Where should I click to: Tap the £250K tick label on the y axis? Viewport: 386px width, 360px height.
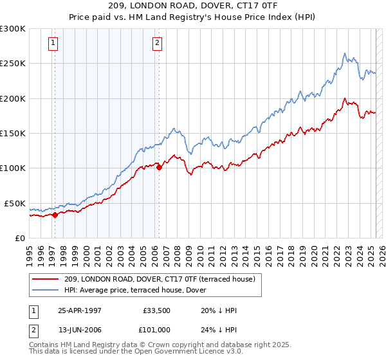pos(13,64)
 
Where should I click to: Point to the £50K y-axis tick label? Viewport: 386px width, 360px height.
pos(15,203)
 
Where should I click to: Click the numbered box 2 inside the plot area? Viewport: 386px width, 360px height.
pos(157,44)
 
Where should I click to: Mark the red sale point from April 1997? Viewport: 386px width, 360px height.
pos(55,215)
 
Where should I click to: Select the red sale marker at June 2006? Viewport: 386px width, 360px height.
pos(159,168)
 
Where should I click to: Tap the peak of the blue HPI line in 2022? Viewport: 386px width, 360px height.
pos(345,53)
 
